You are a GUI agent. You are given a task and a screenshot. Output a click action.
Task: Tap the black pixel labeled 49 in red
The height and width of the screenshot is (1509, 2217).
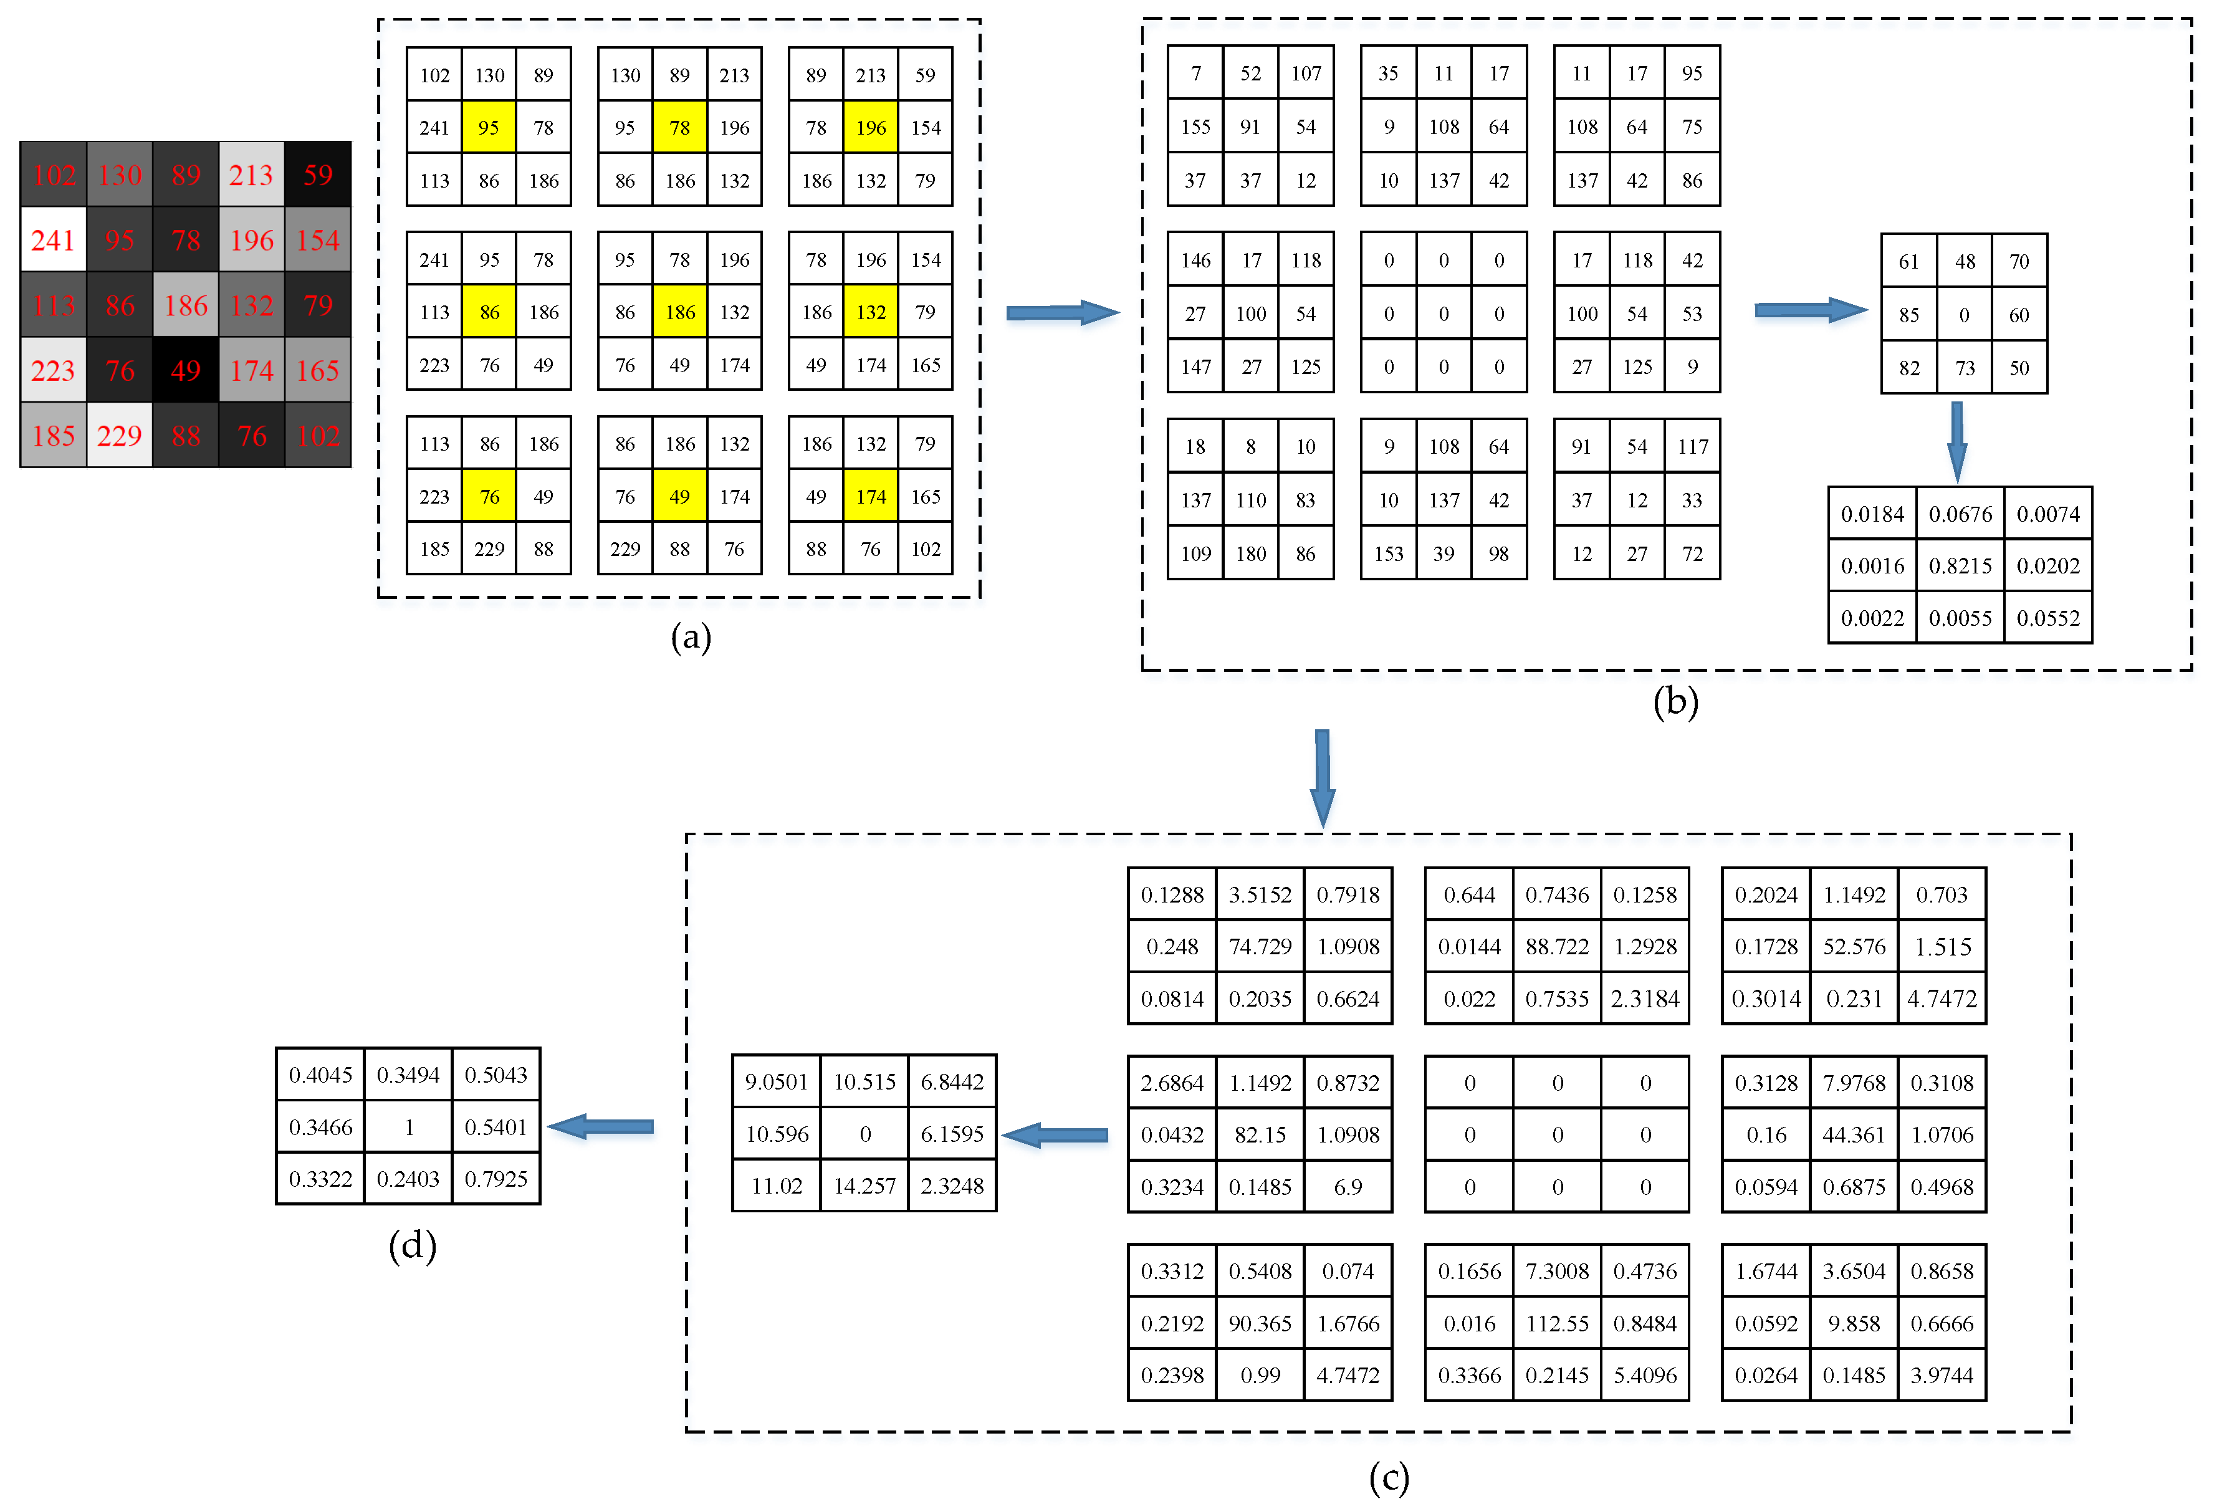point(185,370)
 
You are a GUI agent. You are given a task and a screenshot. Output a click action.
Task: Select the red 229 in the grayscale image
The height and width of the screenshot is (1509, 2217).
point(119,436)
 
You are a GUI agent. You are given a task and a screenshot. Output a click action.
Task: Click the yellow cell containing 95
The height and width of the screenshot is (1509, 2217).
point(489,128)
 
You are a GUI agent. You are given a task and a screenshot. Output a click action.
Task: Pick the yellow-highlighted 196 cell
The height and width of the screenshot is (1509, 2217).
point(871,128)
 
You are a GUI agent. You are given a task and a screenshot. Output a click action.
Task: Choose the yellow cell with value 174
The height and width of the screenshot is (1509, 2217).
point(871,496)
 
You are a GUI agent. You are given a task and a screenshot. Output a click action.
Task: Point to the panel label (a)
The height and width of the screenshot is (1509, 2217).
point(691,637)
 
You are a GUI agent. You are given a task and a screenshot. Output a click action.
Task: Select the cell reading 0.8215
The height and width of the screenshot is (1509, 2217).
point(1960,565)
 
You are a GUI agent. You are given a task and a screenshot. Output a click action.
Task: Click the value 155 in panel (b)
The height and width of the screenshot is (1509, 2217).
point(1195,127)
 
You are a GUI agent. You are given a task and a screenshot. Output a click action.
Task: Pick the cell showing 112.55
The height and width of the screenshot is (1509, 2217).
point(1557,1323)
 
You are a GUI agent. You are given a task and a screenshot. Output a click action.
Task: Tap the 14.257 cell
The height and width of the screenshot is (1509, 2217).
point(864,1186)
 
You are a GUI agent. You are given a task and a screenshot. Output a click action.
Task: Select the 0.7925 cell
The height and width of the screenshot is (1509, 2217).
point(496,1179)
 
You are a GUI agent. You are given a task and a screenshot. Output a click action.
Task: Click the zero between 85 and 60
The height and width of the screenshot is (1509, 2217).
point(1964,315)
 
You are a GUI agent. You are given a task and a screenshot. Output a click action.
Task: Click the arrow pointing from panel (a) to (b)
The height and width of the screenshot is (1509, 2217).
point(1062,312)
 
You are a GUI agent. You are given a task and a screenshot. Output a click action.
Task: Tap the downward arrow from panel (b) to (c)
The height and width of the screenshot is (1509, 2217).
point(1322,777)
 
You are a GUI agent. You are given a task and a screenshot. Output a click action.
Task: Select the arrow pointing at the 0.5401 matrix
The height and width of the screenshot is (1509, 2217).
point(601,1126)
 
